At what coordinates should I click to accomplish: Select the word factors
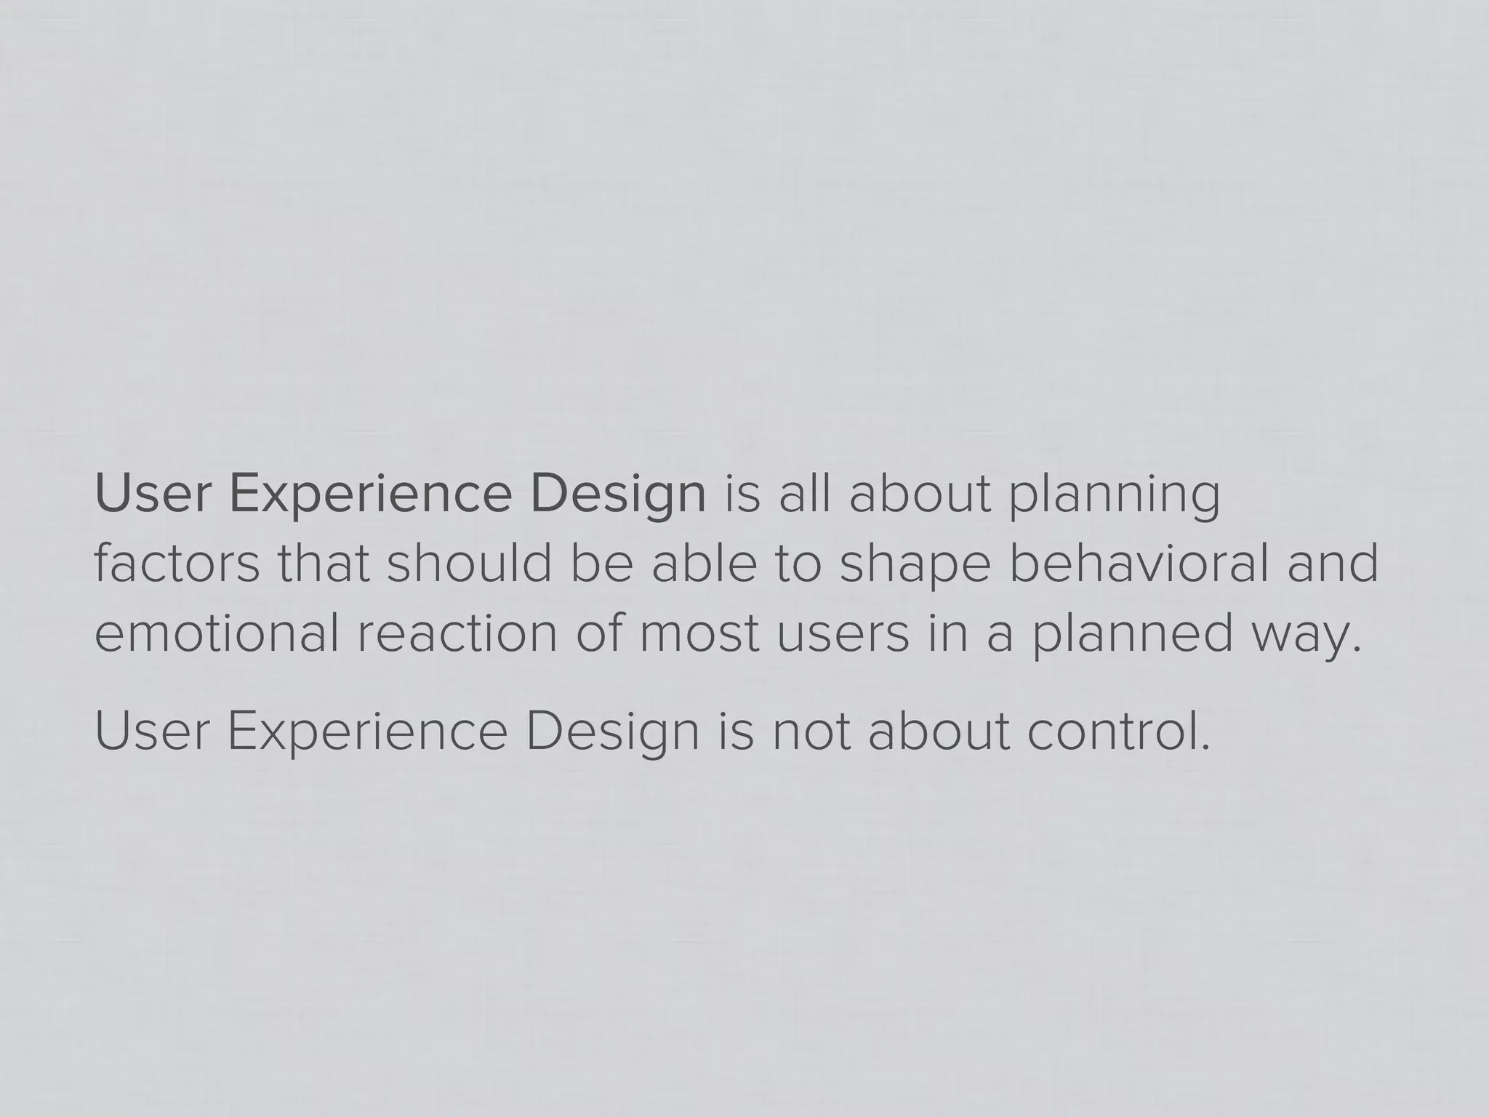177,565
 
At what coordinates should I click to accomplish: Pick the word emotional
217,633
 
